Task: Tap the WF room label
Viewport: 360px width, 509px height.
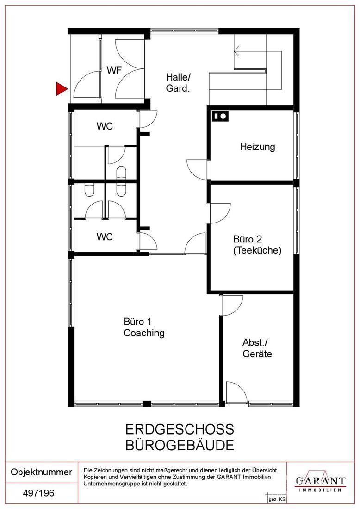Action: (x=114, y=70)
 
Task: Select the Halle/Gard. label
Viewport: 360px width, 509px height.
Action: (x=178, y=82)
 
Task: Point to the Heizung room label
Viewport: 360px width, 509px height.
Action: (x=257, y=147)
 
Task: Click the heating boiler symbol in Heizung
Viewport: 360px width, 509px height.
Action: (x=220, y=116)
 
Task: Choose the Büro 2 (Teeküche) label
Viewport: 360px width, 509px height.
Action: (x=257, y=245)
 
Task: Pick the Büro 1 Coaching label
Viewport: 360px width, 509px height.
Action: (x=144, y=327)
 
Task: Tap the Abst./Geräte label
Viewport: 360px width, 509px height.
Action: (x=257, y=348)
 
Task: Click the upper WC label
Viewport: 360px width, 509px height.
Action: (x=105, y=126)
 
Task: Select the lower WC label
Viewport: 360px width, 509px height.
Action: (x=105, y=236)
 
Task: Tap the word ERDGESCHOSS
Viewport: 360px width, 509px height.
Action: (x=180, y=429)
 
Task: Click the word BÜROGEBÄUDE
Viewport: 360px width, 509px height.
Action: (x=180, y=445)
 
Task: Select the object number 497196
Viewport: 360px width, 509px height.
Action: (x=38, y=493)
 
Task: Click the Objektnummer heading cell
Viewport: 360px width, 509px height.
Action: (x=42, y=472)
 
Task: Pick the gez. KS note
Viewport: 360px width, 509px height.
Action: (x=277, y=499)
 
